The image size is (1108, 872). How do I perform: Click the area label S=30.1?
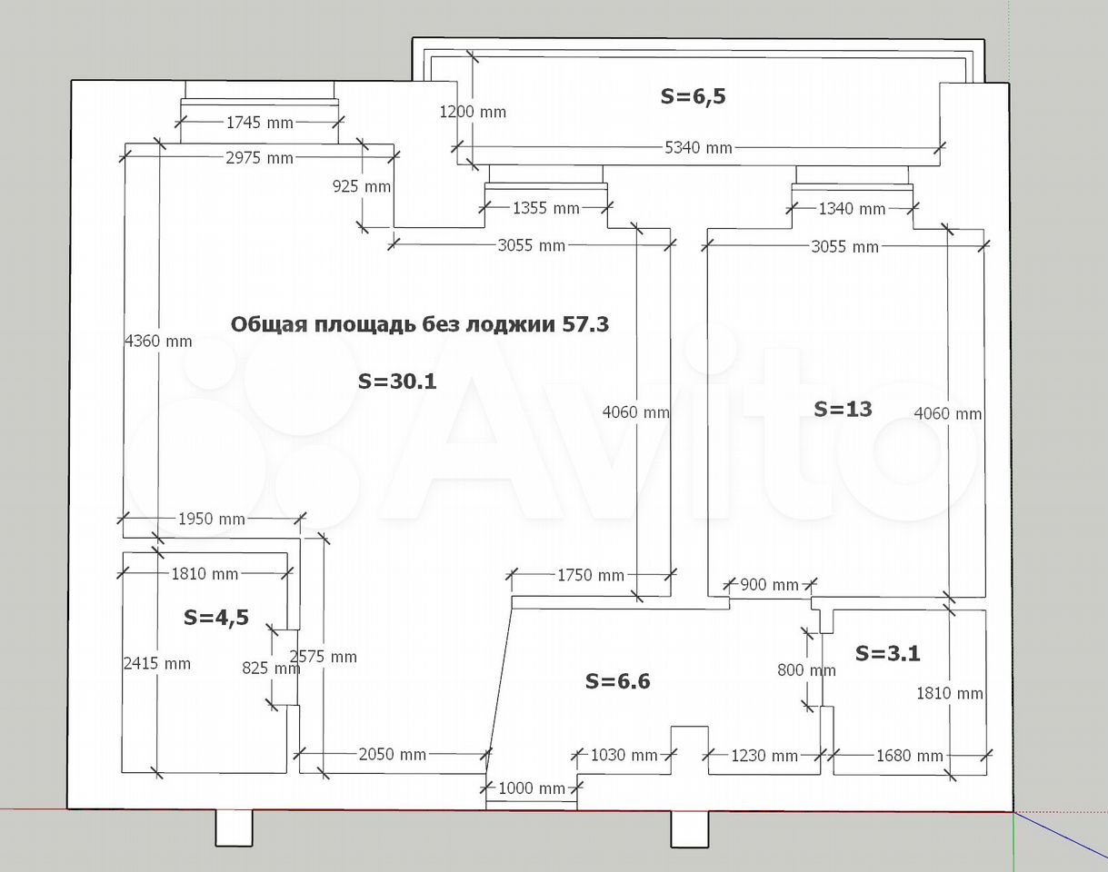pos(397,381)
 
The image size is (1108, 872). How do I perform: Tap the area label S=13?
pos(843,409)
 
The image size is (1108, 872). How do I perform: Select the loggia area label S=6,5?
pos(693,96)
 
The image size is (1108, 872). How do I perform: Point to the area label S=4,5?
pos(216,618)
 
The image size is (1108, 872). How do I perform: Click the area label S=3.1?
pos(888,653)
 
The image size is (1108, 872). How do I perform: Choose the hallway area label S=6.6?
pos(618,681)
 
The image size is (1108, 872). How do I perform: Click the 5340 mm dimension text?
pos(698,148)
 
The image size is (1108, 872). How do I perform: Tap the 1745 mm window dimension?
pos(259,123)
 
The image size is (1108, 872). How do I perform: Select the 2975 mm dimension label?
pos(259,158)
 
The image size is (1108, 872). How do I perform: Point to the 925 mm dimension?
pos(362,186)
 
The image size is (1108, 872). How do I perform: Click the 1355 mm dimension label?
pos(545,208)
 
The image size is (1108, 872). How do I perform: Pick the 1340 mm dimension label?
pos(852,209)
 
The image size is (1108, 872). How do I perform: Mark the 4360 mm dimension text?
pos(158,342)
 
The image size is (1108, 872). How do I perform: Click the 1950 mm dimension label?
pos(212,519)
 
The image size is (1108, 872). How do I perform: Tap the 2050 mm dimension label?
pos(393,755)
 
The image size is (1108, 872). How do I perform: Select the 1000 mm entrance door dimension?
pos(532,788)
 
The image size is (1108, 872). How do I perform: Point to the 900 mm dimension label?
pos(769,584)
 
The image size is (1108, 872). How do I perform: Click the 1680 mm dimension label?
pos(910,756)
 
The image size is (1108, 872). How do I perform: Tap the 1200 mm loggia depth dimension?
pos(473,112)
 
